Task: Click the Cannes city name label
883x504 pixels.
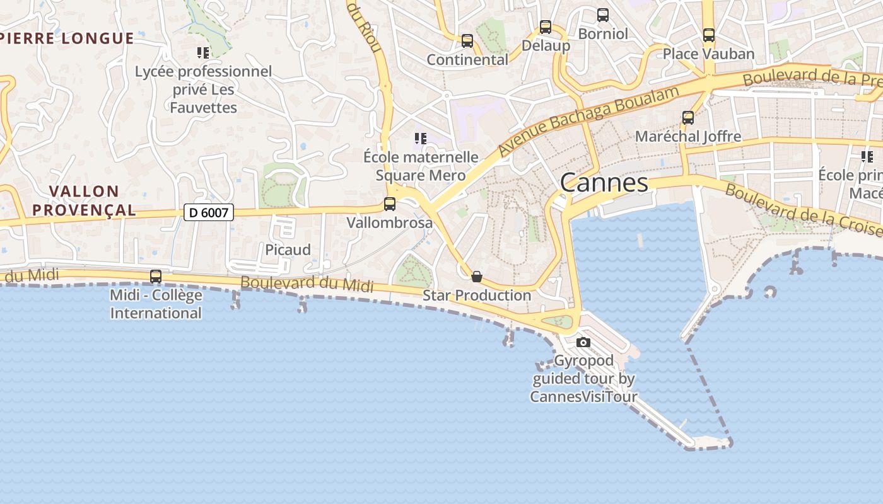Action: [x=604, y=183]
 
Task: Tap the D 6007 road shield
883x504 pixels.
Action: [x=209, y=213]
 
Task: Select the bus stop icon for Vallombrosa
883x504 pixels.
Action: [x=390, y=204]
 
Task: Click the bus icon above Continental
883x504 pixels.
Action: [x=467, y=41]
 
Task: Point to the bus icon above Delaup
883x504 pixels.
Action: [x=546, y=27]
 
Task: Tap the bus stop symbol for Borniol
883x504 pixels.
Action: [x=603, y=15]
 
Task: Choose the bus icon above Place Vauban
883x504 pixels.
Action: [x=709, y=35]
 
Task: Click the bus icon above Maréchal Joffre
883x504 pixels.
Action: [x=688, y=118]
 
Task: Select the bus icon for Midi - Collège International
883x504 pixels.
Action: [x=155, y=277]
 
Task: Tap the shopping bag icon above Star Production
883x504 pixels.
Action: [x=477, y=277]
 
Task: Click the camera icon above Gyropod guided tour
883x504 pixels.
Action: [x=583, y=343]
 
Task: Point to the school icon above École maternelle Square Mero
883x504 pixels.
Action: [x=421, y=139]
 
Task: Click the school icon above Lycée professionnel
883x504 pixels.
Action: [x=203, y=53]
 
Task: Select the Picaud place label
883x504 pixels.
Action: [x=288, y=249]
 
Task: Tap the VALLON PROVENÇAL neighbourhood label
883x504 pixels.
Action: [x=84, y=200]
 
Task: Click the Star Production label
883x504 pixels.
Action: [x=477, y=295]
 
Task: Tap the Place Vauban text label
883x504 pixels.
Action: [x=708, y=54]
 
